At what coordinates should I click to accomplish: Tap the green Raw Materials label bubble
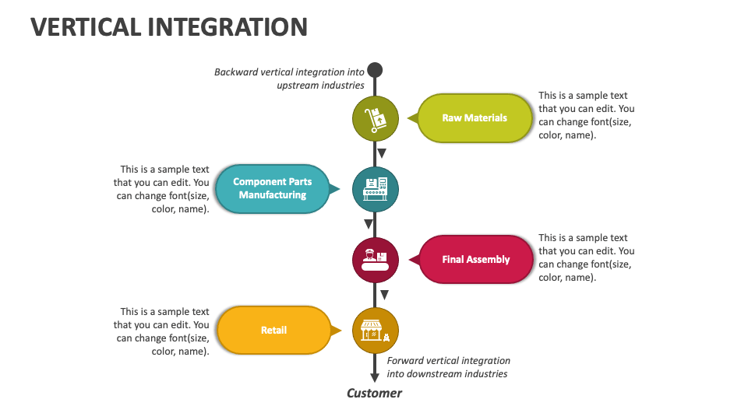(x=475, y=118)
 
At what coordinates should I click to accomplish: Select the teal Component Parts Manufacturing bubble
(x=272, y=189)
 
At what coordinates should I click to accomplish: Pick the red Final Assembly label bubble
(x=475, y=260)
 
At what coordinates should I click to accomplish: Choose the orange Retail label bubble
(x=273, y=331)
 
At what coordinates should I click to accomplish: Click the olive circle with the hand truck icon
(x=376, y=119)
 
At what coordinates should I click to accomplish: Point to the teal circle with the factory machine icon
(x=376, y=189)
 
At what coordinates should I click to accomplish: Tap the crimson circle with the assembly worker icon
(x=376, y=260)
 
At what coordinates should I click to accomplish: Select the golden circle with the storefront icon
(x=376, y=331)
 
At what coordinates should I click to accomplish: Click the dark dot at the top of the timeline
(x=375, y=70)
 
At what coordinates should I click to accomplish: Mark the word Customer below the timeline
(x=374, y=393)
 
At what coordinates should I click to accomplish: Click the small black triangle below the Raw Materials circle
(x=382, y=153)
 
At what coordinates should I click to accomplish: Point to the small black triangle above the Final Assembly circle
(x=368, y=225)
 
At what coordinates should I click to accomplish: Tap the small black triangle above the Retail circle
(x=384, y=296)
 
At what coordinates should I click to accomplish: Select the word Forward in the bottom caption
(x=406, y=361)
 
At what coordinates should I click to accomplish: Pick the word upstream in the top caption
(x=298, y=86)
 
